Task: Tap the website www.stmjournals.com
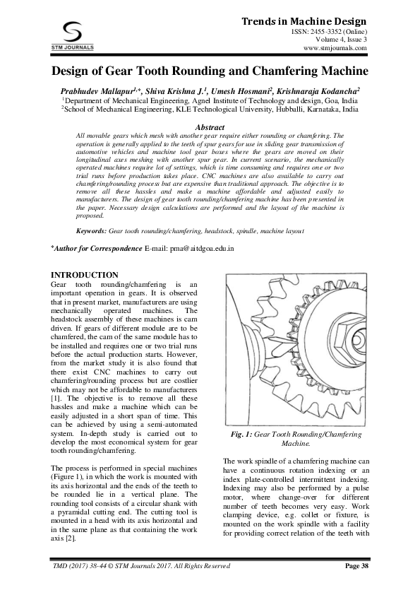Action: click(x=340, y=49)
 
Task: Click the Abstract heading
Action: click(x=209, y=126)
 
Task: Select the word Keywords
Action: click(x=91, y=231)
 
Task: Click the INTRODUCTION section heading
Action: click(x=81, y=274)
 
